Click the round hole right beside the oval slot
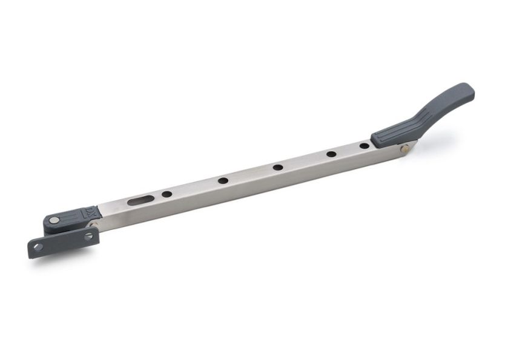(167, 194)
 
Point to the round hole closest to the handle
(364, 145)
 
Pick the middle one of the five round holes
(277, 167)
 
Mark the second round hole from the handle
(331, 154)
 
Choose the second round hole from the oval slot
(223, 180)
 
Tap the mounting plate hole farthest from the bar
(38, 247)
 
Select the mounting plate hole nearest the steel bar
(88, 235)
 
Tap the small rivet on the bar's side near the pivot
(94, 224)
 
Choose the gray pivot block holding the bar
(70, 217)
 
